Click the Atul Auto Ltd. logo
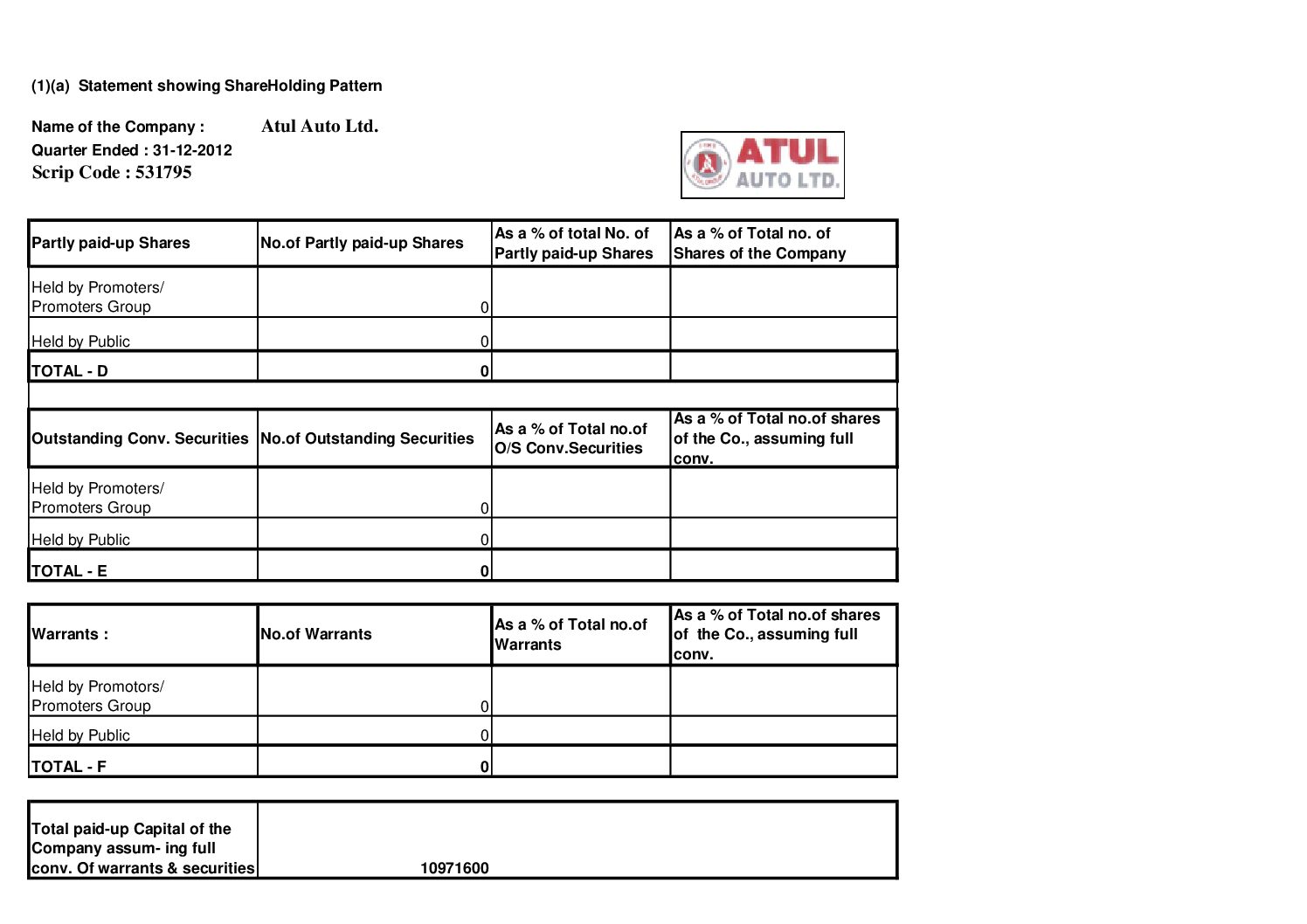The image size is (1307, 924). pyautogui.click(x=762, y=165)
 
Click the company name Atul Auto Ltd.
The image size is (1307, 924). pyautogui.click(x=319, y=126)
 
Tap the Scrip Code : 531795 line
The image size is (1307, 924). pyautogui.click(x=112, y=172)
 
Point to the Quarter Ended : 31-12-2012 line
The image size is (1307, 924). pyautogui.click(x=132, y=150)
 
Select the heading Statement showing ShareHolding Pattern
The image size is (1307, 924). pyautogui.click(x=230, y=86)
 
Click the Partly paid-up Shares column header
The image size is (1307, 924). pyautogui.click(x=111, y=243)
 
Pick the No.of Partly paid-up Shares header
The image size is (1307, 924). pyautogui.click(x=362, y=243)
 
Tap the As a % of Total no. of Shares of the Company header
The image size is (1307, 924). pyautogui.click(x=759, y=243)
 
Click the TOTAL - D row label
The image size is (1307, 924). pyautogui.click(x=70, y=370)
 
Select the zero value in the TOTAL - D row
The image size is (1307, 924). pyautogui.click(x=484, y=371)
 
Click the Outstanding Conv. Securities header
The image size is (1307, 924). pyautogui.click(x=140, y=438)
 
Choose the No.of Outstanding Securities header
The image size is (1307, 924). pyautogui.click(x=367, y=438)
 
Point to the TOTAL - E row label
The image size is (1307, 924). pyautogui.click(x=69, y=571)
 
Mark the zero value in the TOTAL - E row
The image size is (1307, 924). pyautogui.click(x=484, y=572)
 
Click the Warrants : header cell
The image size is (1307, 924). pyautogui.click(x=70, y=634)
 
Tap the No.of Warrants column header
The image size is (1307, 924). pyautogui.click(x=316, y=634)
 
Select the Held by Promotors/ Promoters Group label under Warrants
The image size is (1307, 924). pyautogui.click(x=97, y=696)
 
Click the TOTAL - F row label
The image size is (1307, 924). pyautogui.click(x=69, y=767)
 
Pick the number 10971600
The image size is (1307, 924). pyautogui.click(x=454, y=868)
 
